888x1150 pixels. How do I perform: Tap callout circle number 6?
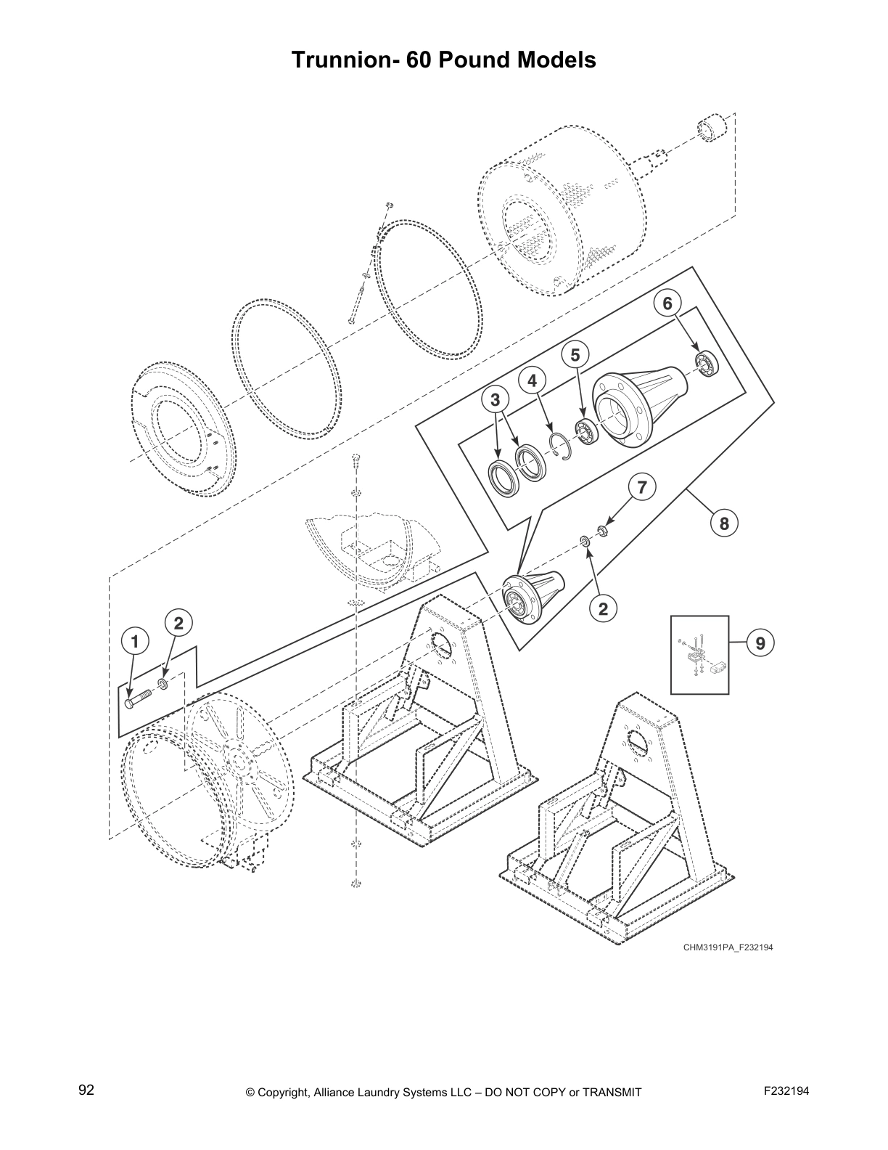tap(667, 303)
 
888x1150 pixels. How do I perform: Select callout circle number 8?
tap(723, 523)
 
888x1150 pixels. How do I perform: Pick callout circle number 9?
tap(760, 643)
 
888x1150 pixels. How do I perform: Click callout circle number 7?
tap(641, 487)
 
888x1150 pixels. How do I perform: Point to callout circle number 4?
tap(533, 380)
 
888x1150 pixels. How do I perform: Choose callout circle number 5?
tap(575, 354)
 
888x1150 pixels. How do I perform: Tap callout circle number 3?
tap(496, 399)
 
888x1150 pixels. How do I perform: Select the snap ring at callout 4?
tap(560, 444)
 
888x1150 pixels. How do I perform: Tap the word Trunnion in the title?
tap(337, 60)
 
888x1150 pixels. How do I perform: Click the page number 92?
tap(86, 1090)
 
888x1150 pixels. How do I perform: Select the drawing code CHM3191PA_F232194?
tap(722, 947)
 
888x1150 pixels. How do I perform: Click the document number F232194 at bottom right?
tap(786, 1090)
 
